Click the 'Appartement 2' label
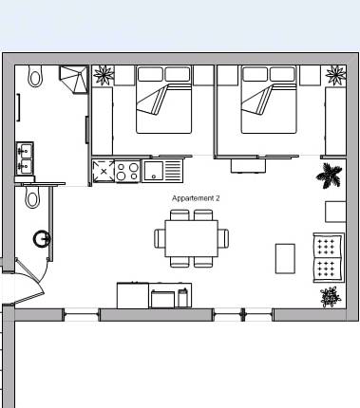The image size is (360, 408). point(196,198)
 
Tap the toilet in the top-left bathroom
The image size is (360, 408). point(35,76)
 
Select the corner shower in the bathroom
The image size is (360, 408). point(73,80)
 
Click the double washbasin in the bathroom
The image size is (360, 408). point(25,158)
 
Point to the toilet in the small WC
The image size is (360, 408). point(32,196)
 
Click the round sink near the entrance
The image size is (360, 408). point(42,239)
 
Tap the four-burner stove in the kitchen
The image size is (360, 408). point(127,172)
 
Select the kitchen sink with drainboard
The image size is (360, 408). point(162,171)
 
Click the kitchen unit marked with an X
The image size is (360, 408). point(104,171)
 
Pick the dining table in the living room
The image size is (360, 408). point(192,238)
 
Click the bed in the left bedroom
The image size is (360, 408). point(164,100)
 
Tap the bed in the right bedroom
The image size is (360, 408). point(269,100)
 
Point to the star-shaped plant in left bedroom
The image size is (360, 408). point(104,75)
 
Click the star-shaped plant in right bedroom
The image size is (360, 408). point(335,75)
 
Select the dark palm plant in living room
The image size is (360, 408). point(330,176)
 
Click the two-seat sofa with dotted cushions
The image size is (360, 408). point(329,258)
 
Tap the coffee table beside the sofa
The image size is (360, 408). point(285,258)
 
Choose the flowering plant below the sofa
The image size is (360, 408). point(331,296)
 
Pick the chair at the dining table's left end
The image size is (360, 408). point(160,238)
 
